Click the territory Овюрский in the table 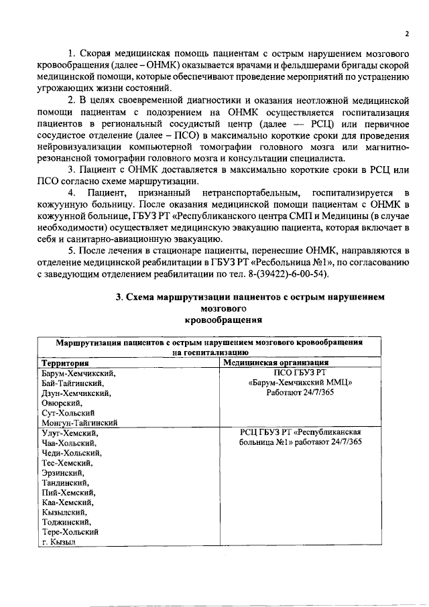point(61,403)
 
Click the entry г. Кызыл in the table point(58,541)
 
